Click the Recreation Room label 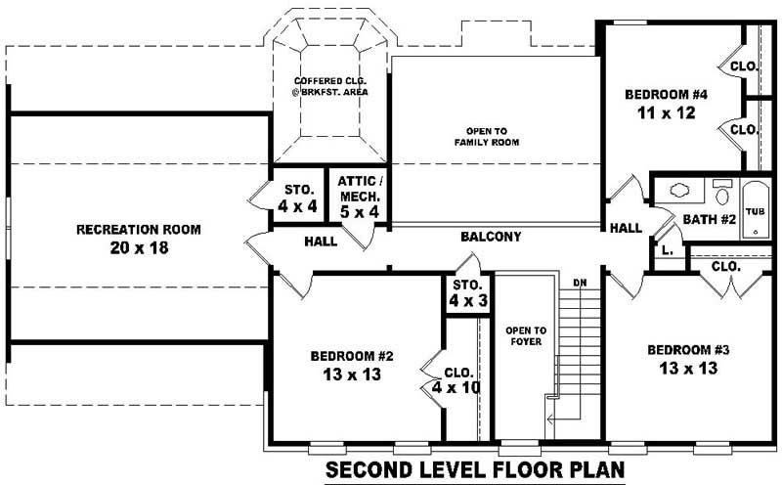139,230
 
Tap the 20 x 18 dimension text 139,248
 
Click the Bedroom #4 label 666,95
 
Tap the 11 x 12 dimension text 666,113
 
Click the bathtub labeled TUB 756,211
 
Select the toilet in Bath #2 721,192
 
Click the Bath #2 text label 709,219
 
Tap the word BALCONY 491,237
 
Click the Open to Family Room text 486,136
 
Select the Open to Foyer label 525,336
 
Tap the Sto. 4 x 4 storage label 298,197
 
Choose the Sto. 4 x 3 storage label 468,293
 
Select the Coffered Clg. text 328,85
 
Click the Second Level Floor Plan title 474,470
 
